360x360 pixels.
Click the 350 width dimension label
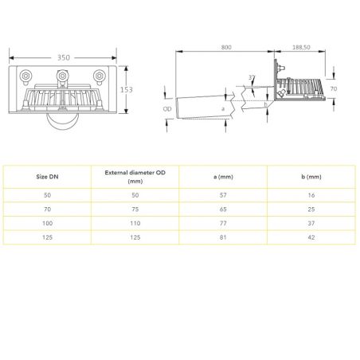click(63, 58)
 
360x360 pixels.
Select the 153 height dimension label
click(126, 90)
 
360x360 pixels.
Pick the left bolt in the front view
click(26, 77)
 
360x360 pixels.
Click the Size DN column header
click(48, 176)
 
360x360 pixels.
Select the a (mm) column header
click(223, 176)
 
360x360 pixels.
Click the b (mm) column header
click(311, 176)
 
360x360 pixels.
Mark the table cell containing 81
click(223, 237)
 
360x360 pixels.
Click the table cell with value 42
click(311, 237)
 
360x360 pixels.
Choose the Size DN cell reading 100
click(48, 222)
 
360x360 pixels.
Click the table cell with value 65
click(223, 208)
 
